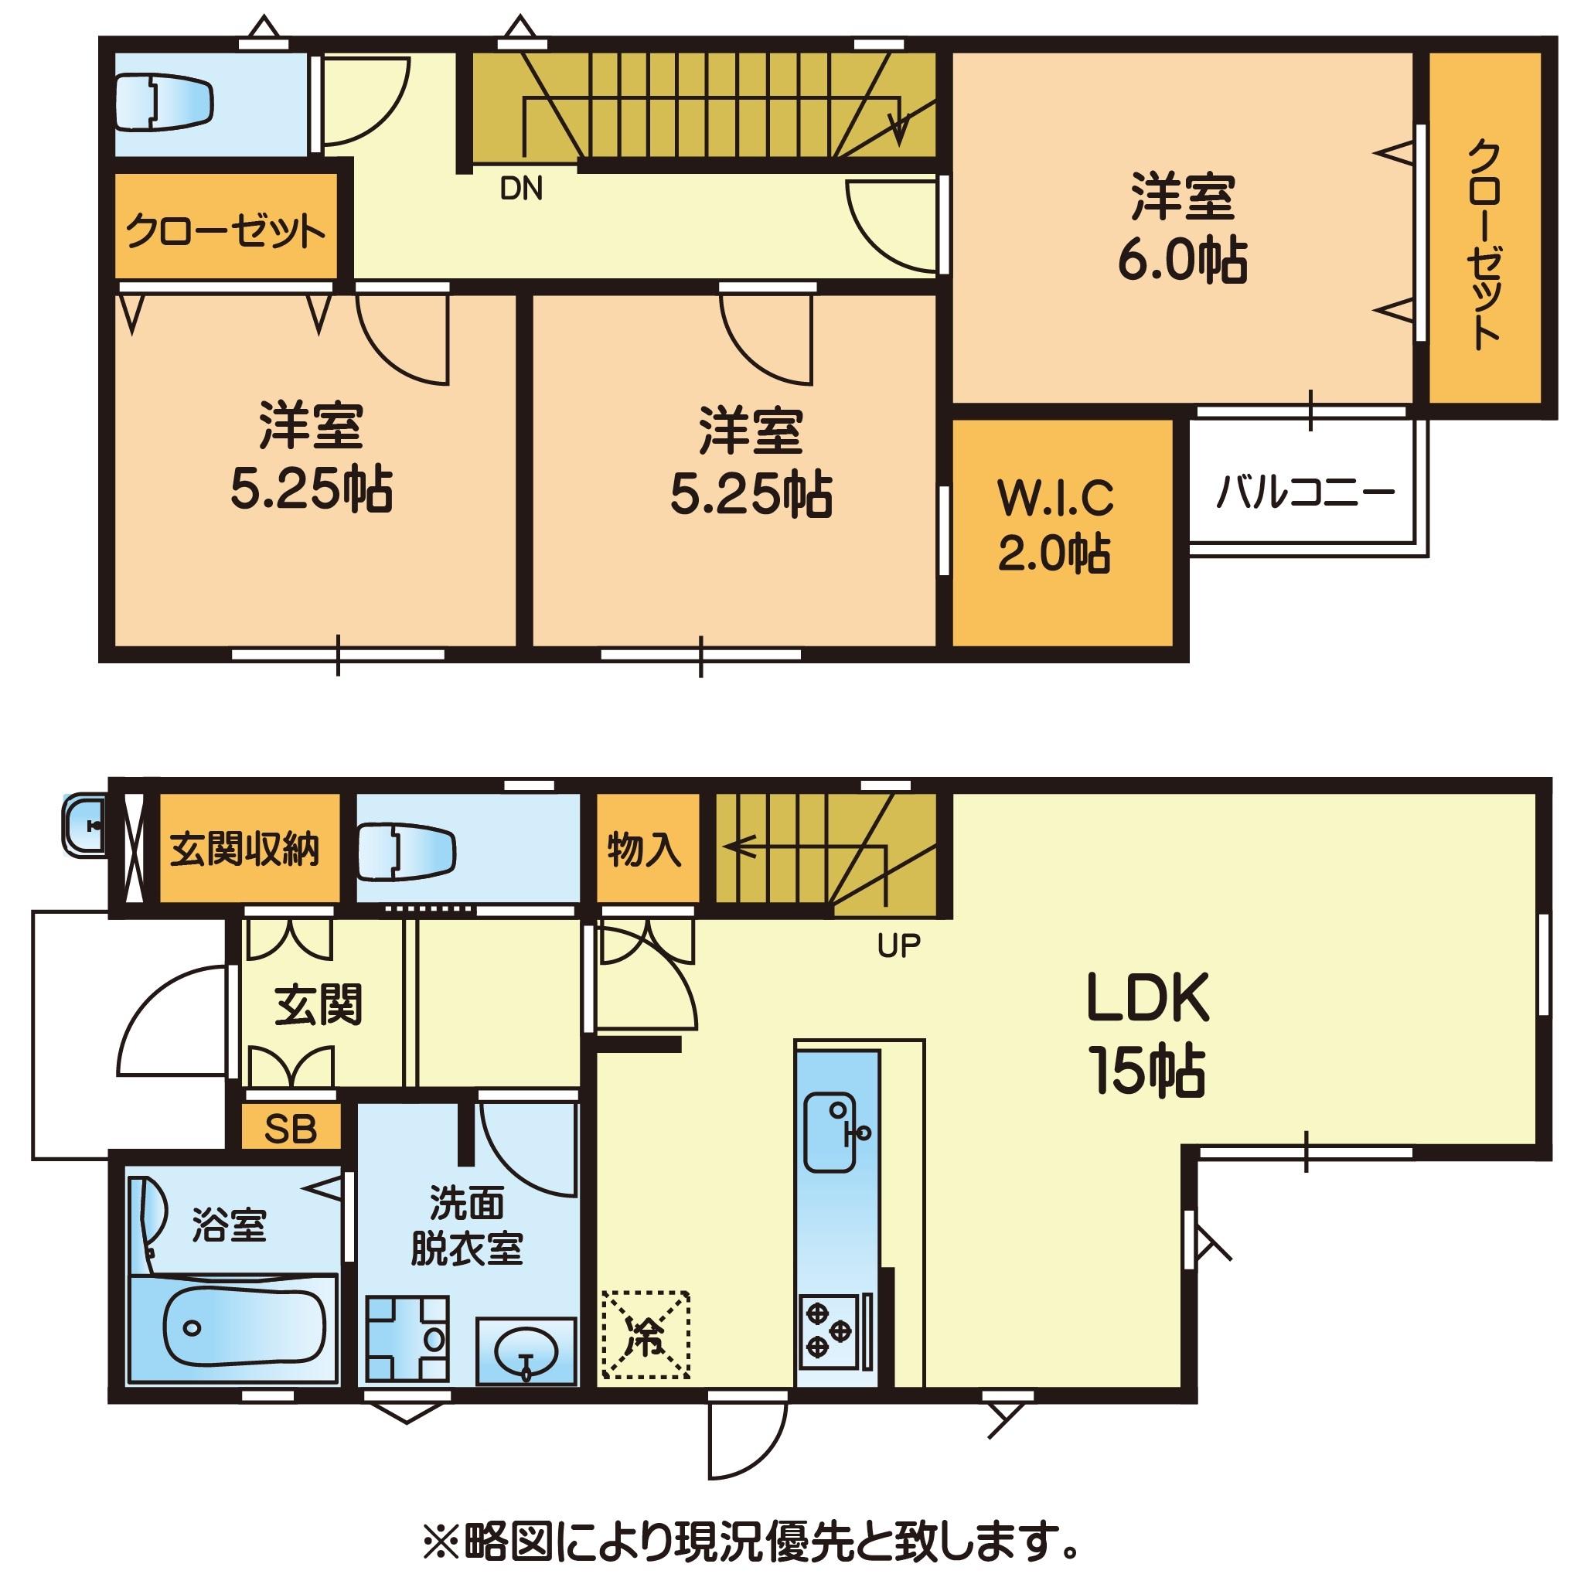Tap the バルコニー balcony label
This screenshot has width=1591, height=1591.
point(1305,493)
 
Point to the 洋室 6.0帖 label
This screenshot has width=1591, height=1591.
point(1183,228)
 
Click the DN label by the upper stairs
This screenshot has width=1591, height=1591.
point(521,189)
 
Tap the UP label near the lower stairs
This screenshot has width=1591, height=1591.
point(898,946)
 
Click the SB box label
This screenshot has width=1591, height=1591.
point(291,1129)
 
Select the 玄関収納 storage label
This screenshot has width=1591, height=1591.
point(244,849)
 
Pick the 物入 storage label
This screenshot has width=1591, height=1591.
point(645,849)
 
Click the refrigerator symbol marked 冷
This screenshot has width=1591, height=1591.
point(646,1335)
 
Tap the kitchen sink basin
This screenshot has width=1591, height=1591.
point(830,1133)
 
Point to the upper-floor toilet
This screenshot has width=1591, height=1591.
point(165,103)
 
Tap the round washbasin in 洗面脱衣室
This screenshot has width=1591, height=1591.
point(526,1351)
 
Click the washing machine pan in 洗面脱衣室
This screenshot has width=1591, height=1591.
point(407,1338)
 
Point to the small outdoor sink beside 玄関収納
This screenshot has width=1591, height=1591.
point(84,824)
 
